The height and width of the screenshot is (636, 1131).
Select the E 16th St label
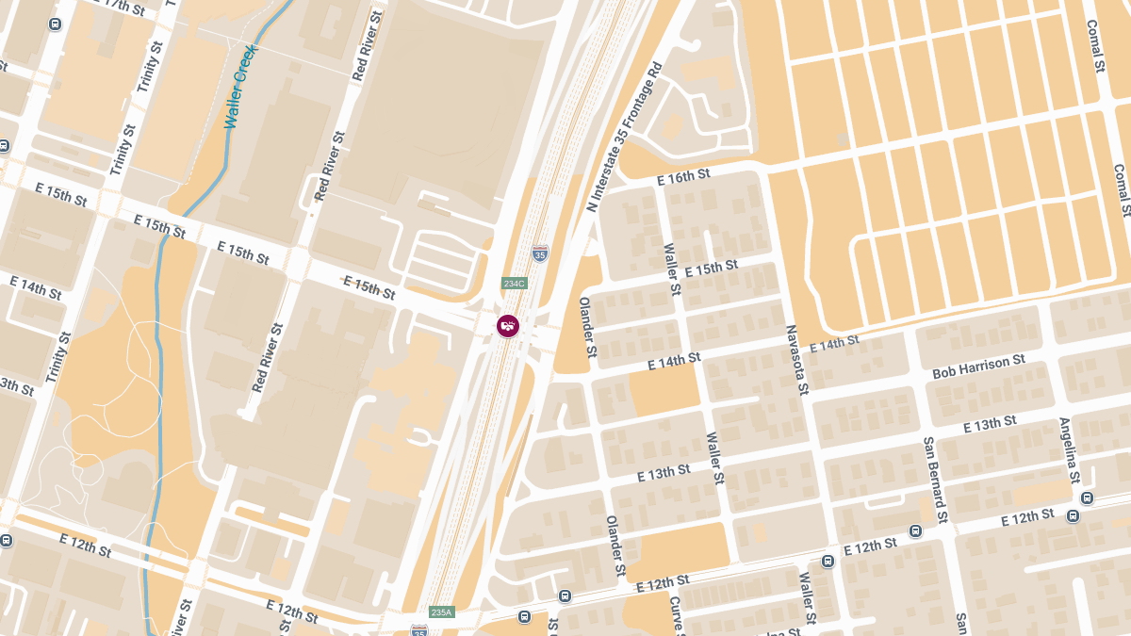(682, 176)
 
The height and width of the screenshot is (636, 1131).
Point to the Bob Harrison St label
(978, 367)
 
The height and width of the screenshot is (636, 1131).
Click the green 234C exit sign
(514, 284)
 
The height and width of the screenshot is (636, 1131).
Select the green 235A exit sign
(441, 612)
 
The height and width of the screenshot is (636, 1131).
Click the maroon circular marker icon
(508, 326)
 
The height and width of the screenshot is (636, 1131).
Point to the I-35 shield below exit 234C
(539, 253)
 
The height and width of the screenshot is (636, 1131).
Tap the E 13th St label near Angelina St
(990, 424)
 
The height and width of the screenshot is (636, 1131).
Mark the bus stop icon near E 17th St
(56, 24)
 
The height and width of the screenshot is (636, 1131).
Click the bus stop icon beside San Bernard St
(915, 530)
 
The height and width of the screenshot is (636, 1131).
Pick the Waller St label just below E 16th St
(672, 269)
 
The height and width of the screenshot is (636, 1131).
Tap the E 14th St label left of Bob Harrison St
(834, 344)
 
